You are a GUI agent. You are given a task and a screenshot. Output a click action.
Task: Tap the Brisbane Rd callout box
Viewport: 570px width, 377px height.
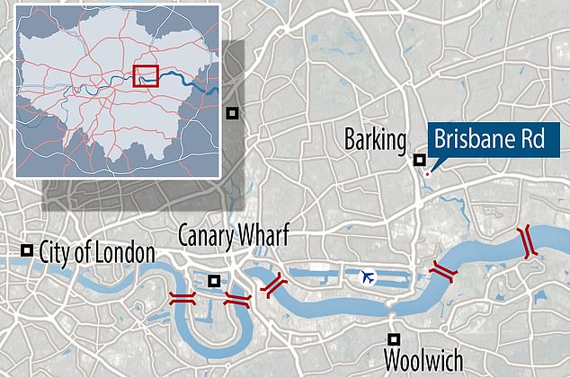(494, 140)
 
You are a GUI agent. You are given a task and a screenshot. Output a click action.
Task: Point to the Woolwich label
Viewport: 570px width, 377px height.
(423, 360)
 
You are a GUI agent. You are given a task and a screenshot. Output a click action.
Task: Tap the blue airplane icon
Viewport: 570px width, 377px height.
(366, 276)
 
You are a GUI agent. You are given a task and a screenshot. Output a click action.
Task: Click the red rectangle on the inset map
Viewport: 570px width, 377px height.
(145, 75)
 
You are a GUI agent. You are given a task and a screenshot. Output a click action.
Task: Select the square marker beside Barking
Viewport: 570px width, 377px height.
(419, 160)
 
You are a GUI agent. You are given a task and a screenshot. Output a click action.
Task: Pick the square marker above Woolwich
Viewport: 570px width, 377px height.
(394, 338)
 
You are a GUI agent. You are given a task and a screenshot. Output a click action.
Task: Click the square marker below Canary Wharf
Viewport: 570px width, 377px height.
(213, 281)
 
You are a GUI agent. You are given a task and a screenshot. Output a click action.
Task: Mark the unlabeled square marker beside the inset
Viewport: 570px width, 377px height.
(232, 112)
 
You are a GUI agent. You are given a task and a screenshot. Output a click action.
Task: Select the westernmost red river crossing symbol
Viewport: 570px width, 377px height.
(183, 299)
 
